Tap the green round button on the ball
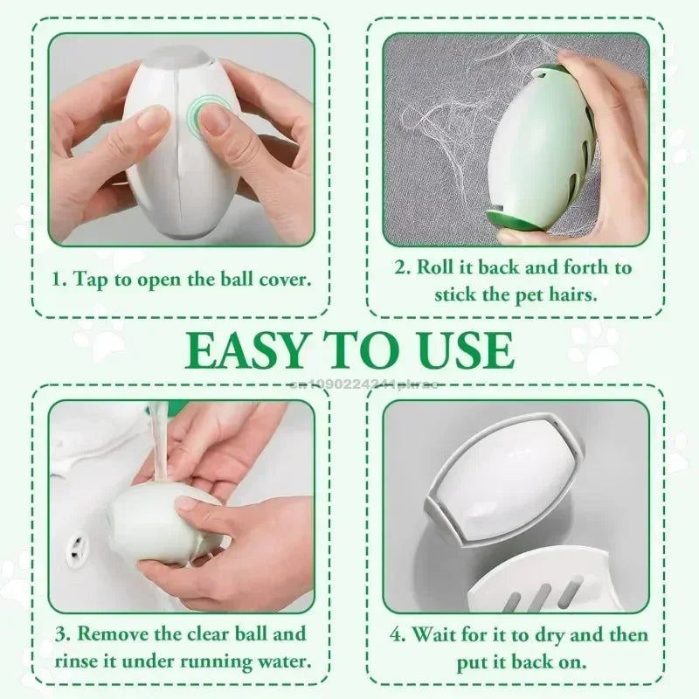tap(211, 114)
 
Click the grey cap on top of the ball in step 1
tap(179, 55)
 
